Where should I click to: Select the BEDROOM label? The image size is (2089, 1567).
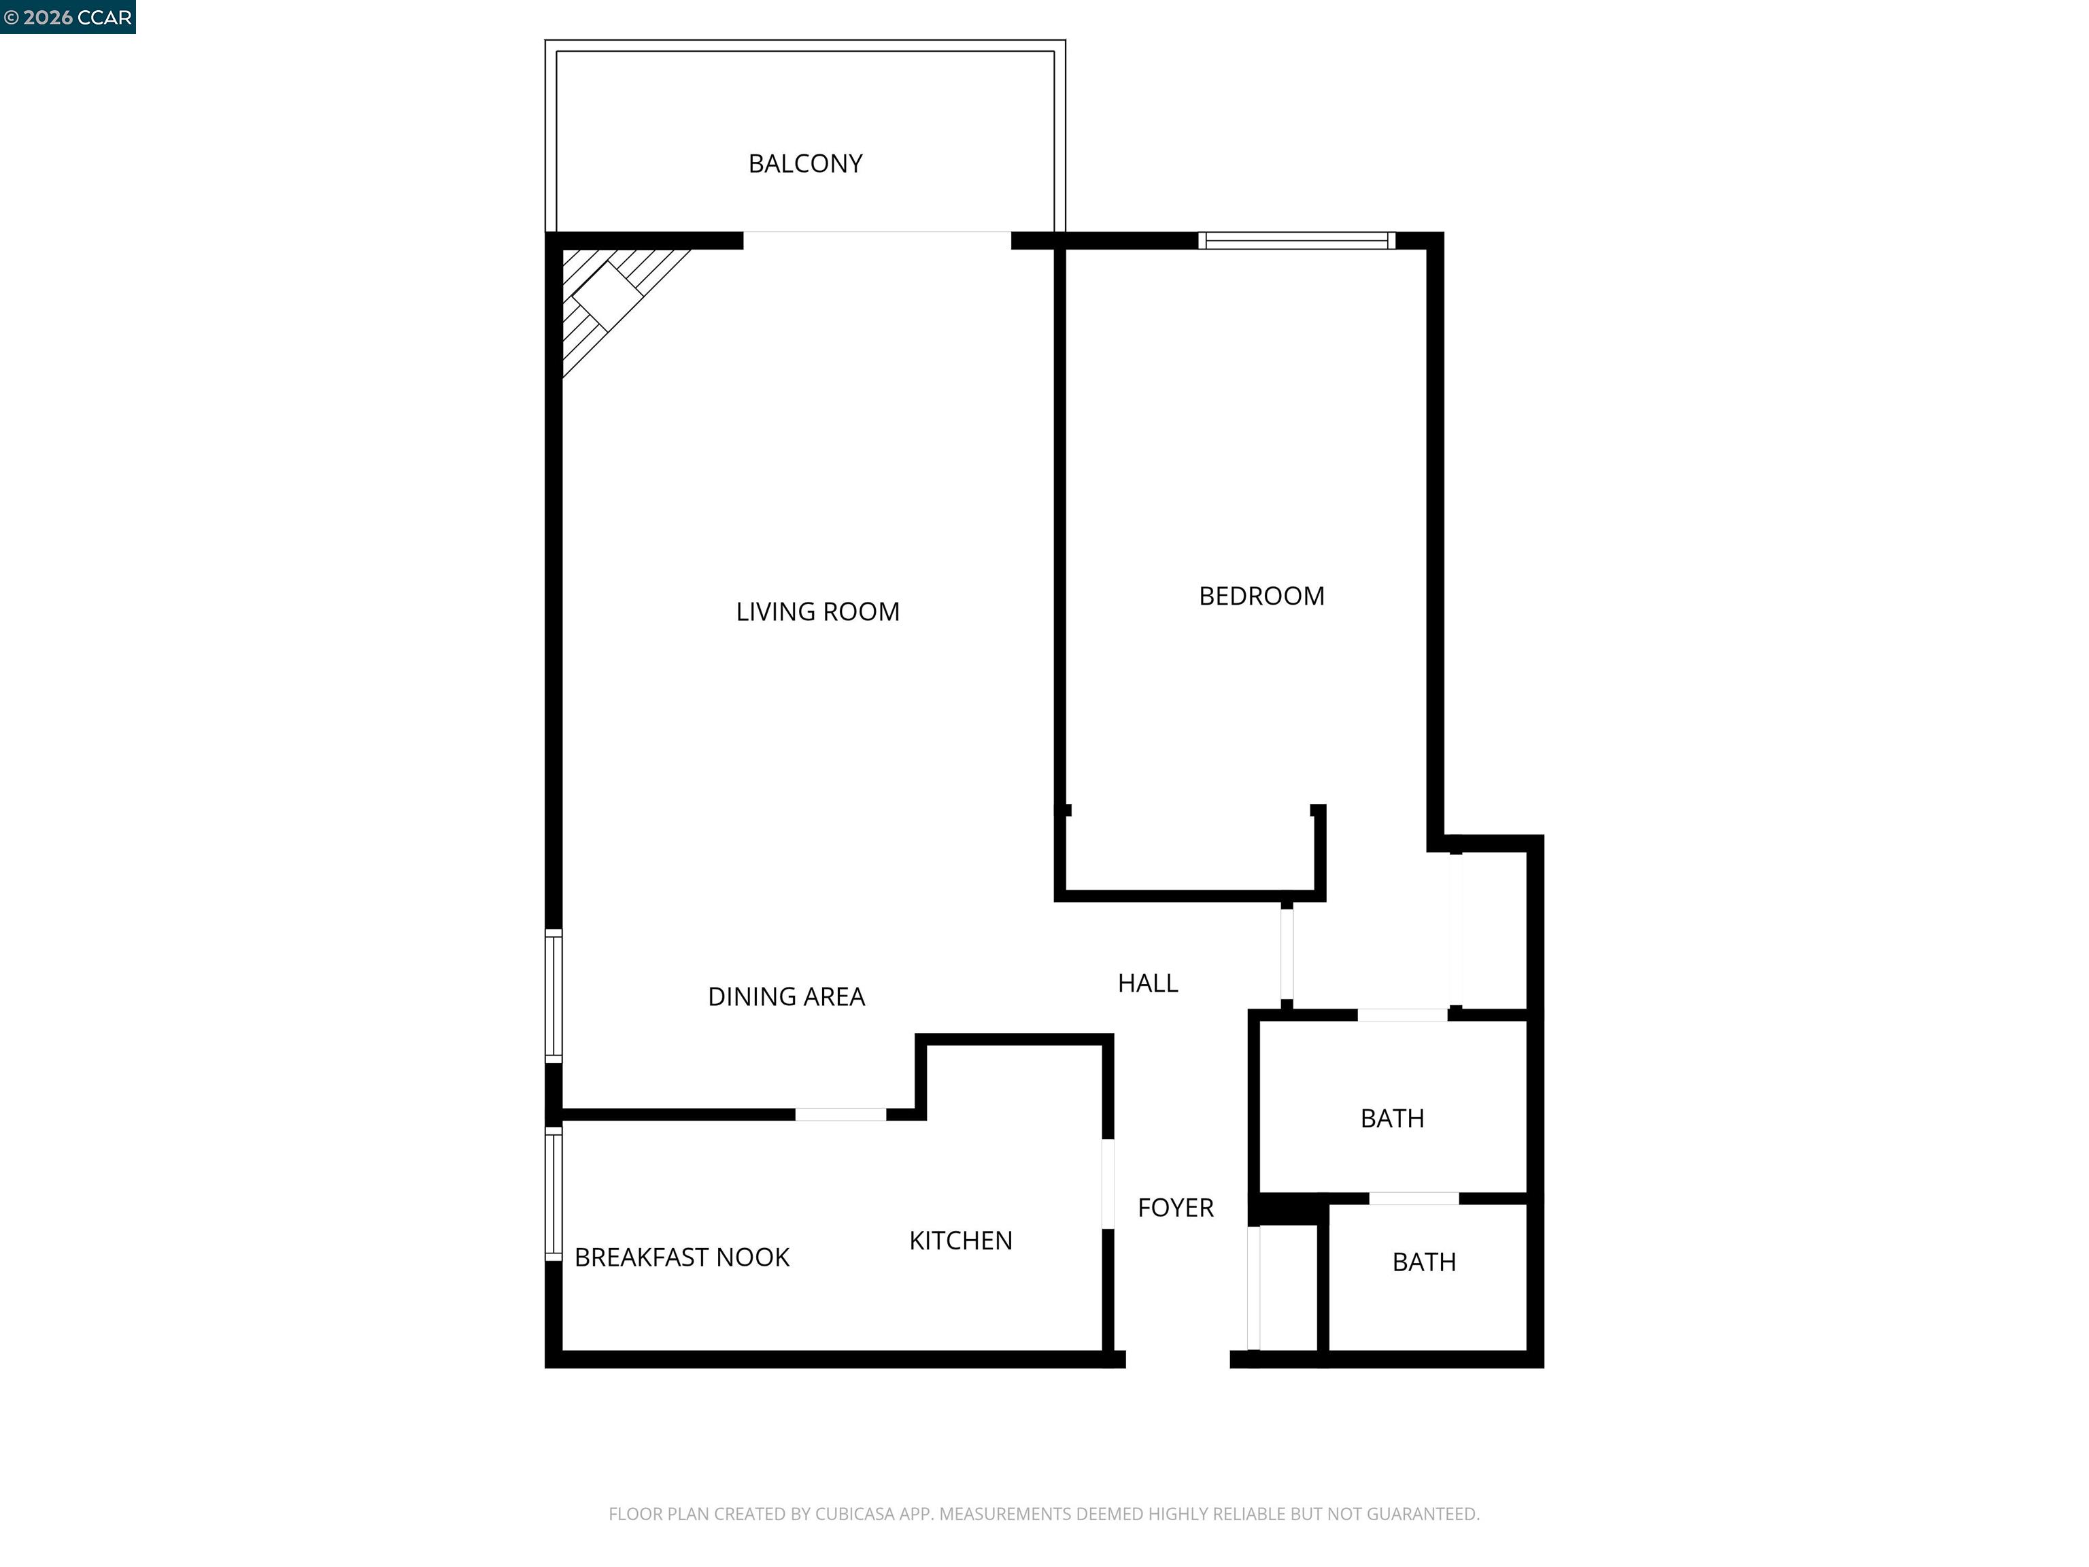[x=1261, y=596]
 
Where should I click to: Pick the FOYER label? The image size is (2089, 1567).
[x=1175, y=1207]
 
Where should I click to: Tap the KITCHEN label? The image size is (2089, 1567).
[x=960, y=1240]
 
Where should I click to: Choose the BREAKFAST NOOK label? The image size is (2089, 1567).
[x=682, y=1257]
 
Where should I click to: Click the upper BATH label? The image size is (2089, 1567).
[x=1392, y=1118]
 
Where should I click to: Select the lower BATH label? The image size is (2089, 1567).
[x=1424, y=1262]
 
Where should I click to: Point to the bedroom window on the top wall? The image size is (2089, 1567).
[x=1297, y=240]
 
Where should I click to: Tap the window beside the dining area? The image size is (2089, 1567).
[x=554, y=996]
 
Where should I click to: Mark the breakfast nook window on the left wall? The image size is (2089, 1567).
[x=554, y=1193]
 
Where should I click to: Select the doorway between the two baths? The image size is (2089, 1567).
[x=1414, y=1198]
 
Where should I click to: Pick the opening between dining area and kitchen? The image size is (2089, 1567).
[x=840, y=1115]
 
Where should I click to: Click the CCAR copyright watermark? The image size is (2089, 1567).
[x=68, y=17]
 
